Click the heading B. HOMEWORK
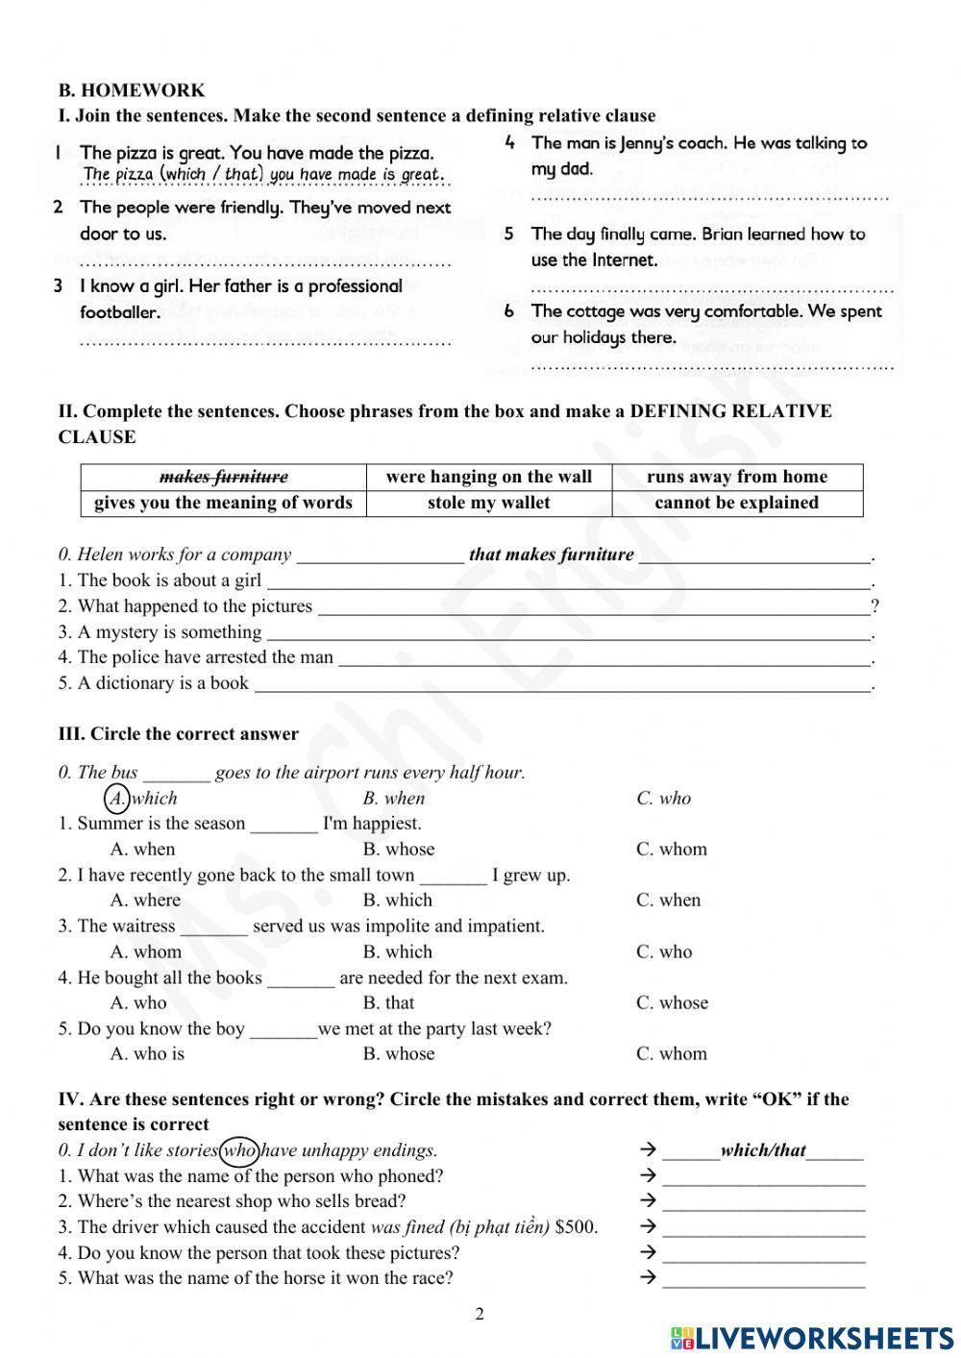pyautogui.click(x=132, y=90)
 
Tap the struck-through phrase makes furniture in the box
pyautogui.click(x=223, y=477)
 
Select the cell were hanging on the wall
pyautogui.click(x=489, y=477)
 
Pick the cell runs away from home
pyautogui.click(x=737, y=477)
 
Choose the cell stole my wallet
pyautogui.click(x=489, y=503)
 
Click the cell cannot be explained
pyautogui.click(x=737, y=503)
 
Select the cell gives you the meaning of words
pyautogui.click(x=223, y=503)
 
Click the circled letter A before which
pyautogui.click(x=116, y=798)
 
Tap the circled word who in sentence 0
pyautogui.click(x=239, y=1150)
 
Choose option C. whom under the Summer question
pyautogui.click(x=671, y=849)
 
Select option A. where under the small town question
pyautogui.click(x=145, y=901)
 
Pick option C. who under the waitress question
pyautogui.click(x=663, y=951)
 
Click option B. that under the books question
pyautogui.click(x=388, y=1002)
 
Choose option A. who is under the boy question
pyautogui.click(x=147, y=1054)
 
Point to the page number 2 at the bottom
pyautogui.click(x=480, y=1314)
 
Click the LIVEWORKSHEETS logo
pyautogui.click(x=811, y=1337)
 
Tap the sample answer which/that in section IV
pyautogui.click(x=763, y=1150)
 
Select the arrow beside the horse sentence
pyautogui.click(x=648, y=1278)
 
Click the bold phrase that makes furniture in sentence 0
pyautogui.click(x=551, y=555)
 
